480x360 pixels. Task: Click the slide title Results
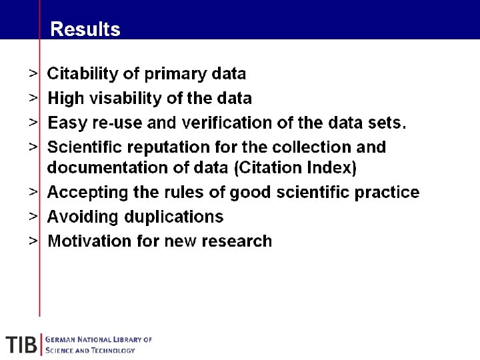tap(85, 29)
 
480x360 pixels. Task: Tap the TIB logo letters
tap(21, 345)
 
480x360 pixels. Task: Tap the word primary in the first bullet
tap(182, 74)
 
